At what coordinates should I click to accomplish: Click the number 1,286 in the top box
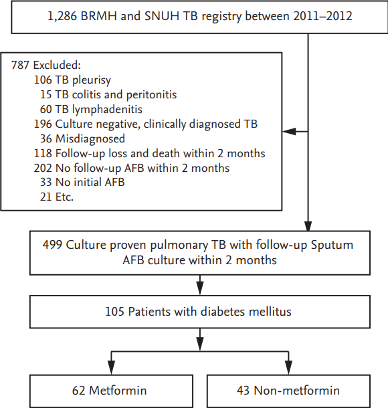(x=62, y=16)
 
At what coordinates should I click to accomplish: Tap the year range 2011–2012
(x=322, y=16)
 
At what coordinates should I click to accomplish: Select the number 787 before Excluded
(x=20, y=65)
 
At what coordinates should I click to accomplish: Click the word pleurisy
(x=92, y=80)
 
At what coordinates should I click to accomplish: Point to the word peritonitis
(x=151, y=95)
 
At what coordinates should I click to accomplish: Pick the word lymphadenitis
(x=107, y=110)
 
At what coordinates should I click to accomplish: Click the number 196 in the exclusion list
(x=43, y=124)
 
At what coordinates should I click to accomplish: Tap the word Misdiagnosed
(x=90, y=139)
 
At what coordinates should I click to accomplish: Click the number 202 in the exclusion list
(x=43, y=168)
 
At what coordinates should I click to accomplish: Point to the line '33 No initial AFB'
(x=82, y=182)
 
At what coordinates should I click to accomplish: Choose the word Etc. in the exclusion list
(x=64, y=197)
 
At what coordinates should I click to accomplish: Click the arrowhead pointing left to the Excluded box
(x=289, y=132)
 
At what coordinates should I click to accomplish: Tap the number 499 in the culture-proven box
(x=53, y=245)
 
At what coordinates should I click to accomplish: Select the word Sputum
(x=332, y=245)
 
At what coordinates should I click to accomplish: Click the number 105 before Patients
(x=114, y=312)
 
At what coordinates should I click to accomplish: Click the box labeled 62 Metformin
(x=111, y=391)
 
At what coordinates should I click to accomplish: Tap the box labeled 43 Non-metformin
(x=288, y=391)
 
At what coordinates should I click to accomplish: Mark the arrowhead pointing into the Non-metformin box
(x=288, y=368)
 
